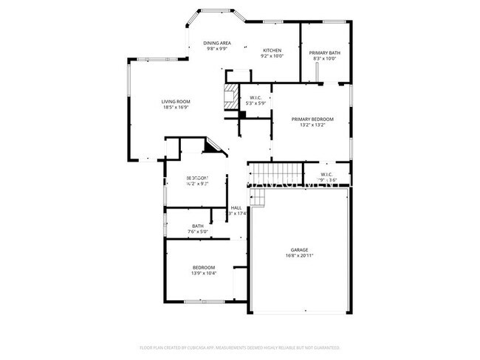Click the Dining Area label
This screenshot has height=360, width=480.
tap(217, 43)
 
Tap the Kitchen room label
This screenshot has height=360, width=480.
tap(272, 50)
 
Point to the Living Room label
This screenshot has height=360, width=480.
tap(176, 101)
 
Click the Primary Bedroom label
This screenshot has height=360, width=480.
tap(312, 119)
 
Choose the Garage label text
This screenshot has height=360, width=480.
tap(299, 249)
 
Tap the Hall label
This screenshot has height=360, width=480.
tap(236, 208)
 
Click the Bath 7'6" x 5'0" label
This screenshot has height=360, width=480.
tap(198, 226)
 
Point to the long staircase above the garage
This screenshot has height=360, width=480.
tap(275, 174)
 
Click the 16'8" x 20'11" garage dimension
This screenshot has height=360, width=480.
tap(299, 255)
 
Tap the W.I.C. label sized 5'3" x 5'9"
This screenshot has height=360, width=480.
tap(256, 97)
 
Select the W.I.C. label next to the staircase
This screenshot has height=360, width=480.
tap(327, 174)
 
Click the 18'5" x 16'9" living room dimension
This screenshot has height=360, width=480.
tap(176, 108)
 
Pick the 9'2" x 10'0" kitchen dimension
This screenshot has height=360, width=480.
tap(272, 56)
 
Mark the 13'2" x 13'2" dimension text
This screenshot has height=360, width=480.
tap(312, 125)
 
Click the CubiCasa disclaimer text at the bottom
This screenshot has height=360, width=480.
tap(239, 347)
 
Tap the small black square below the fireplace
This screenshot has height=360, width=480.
tap(242, 114)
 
